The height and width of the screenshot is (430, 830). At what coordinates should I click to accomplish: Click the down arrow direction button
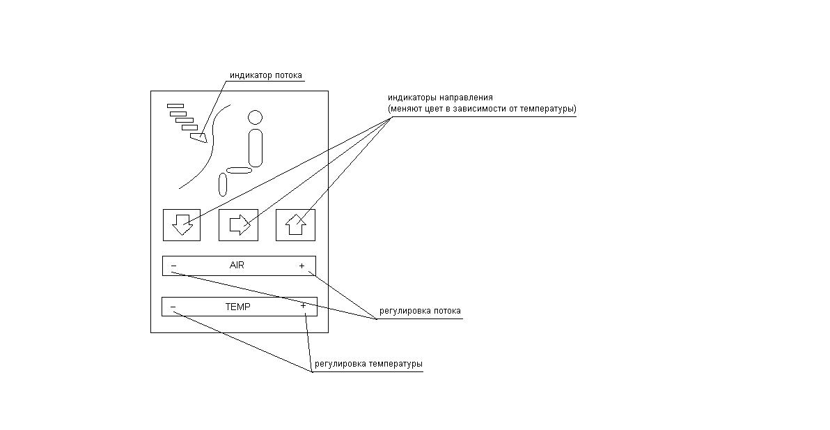182,225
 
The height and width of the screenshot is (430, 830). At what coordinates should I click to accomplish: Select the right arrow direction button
239,225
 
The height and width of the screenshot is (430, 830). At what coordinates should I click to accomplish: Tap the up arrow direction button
295,225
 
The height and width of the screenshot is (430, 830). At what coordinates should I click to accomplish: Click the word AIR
237,266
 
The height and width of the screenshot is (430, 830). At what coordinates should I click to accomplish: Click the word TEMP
237,307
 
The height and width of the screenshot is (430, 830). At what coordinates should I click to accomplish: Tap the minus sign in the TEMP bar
173,307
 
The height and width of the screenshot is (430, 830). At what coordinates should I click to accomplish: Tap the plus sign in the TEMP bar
304,305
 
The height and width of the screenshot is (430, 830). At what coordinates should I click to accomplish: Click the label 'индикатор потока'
266,75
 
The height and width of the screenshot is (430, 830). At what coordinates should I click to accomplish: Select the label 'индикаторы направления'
440,98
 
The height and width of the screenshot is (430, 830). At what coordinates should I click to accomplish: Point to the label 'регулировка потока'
420,311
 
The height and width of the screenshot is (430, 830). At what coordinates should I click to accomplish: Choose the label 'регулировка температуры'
368,364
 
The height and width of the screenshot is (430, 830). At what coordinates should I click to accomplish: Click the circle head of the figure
255,118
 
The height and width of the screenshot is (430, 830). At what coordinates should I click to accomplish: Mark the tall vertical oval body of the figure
256,148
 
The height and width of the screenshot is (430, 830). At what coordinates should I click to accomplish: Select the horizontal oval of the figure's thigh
240,171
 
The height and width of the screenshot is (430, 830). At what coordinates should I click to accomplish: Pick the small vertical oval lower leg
223,184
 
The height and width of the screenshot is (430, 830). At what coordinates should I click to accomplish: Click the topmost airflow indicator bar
175,106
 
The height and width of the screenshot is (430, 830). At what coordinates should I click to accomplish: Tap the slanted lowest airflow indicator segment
198,137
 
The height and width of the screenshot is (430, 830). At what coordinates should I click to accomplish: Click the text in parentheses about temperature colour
482,109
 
